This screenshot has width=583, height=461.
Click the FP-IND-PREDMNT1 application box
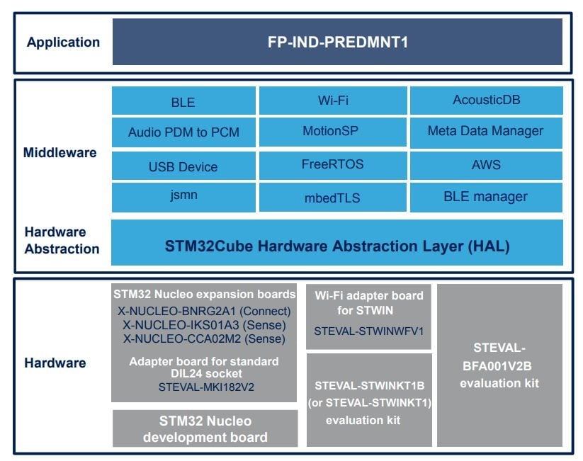click(x=337, y=42)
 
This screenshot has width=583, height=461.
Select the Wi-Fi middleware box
click(x=333, y=101)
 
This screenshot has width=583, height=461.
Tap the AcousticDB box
click(x=487, y=101)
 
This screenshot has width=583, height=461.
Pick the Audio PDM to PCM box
click(x=183, y=132)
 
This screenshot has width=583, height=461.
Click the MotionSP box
click(x=333, y=132)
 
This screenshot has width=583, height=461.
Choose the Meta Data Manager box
click(x=486, y=132)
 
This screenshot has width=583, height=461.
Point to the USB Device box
click(x=183, y=166)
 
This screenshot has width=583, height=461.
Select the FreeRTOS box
click(x=333, y=166)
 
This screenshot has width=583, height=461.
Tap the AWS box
click(x=486, y=166)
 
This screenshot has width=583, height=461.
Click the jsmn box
click(x=183, y=198)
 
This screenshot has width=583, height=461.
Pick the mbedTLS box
click(x=333, y=198)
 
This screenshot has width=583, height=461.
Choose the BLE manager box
click(x=486, y=198)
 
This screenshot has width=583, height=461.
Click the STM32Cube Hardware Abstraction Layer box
click(x=337, y=242)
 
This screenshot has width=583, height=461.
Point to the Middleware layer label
click(x=60, y=152)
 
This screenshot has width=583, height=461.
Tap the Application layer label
click(x=63, y=42)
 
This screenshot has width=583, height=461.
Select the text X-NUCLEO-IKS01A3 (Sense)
click(x=204, y=325)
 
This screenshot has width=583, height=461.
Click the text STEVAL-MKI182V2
click(x=206, y=387)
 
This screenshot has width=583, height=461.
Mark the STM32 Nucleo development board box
click(x=205, y=428)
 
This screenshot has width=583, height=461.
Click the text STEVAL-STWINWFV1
click(x=369, y=331)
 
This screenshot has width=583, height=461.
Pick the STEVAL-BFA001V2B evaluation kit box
click(x=499, y=365)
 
